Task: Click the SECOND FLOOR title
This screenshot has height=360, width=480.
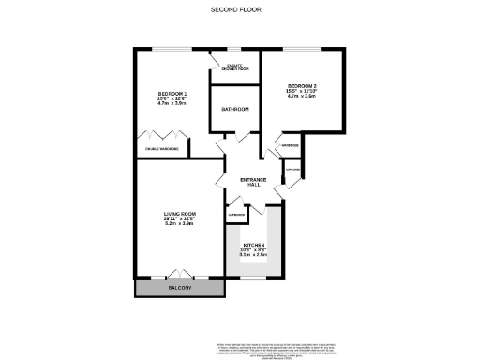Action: pyautogui.click(x=236, y=9)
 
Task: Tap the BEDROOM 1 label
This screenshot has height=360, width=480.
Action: pyautogui.click(x=172, y=94)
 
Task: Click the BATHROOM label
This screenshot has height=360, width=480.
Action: pyautogui.click(x=234, y=110)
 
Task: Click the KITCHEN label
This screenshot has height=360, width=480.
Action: pyautogui.click(x=254, y=246)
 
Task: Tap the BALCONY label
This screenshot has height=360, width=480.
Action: pyautogui.click(x=181, y=289)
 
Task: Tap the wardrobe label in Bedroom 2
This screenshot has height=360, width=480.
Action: pyautogui.click(x=288, y=146)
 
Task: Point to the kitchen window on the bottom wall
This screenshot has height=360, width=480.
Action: pyautogui.click(x=253, y=278)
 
